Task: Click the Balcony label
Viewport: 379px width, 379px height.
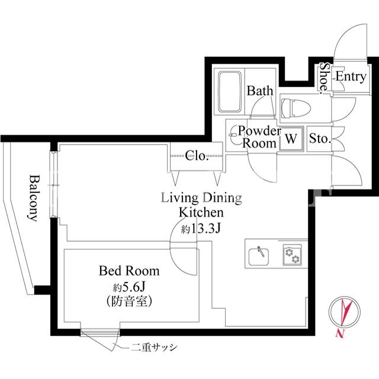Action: [x=33, y=198]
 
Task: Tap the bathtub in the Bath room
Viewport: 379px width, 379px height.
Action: [x=230, y=92]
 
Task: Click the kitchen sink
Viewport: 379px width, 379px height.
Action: [x=258, y=256]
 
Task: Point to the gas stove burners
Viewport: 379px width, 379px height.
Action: [x=292, y=255]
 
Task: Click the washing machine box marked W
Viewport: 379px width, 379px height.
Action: [x=291, y=139]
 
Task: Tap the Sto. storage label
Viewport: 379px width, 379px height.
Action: [x=320, y=139]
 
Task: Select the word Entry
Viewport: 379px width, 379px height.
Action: [x=351, y=77]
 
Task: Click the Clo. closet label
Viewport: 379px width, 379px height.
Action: [x=197, y=155]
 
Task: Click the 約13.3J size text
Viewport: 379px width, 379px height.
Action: [x=201, y=229]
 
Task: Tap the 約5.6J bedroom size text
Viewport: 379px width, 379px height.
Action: [x=129, y=287]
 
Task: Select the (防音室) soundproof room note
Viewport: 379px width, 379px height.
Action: [x=129, y=301]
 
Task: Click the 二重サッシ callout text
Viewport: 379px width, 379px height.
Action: [x=154, y=348]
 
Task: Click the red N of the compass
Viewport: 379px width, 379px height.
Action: [x=340, y=334]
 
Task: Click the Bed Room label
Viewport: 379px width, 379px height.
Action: [x=129, y=271]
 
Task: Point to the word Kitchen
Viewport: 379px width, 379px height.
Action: [x=201, y=213]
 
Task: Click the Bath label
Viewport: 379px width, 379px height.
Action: [x=260, y=91]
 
